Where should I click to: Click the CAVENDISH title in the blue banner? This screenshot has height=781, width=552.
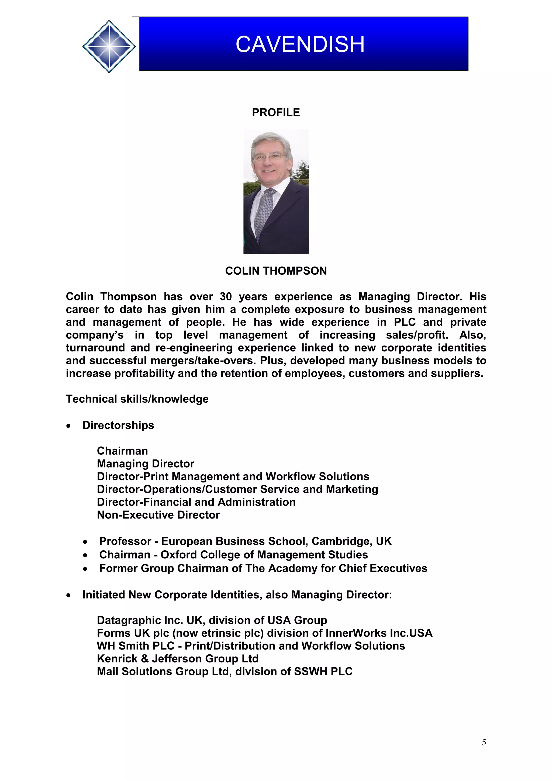pos(300,44)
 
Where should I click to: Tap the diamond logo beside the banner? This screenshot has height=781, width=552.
pos(109,46)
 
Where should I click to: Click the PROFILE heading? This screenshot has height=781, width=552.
pos(275,113)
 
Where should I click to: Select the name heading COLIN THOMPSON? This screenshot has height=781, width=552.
pos(275,271)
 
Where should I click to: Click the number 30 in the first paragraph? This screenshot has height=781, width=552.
pos(226,297)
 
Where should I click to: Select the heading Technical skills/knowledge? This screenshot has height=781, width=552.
pos(137,399)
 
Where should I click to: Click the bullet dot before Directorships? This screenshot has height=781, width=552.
pos(69,426)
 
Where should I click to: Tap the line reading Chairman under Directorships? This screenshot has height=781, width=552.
pos(122,451)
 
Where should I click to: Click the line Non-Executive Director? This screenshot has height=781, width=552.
pos(158,515)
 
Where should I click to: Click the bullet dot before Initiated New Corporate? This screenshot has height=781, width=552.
pos(69,595)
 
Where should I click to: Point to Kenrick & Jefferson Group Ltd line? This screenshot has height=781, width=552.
pos(178,659)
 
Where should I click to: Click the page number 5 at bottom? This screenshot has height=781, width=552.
pos(484,742)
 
